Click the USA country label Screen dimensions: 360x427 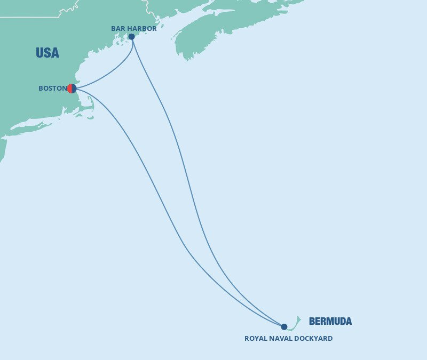coord(48,53)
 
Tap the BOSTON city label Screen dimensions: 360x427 coord(52,89)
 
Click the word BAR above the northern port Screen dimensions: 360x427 coord(118,28)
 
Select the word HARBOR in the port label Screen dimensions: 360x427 coord(142,28)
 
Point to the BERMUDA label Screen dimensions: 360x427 coord(330,321)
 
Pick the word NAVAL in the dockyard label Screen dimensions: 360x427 coord(281,338)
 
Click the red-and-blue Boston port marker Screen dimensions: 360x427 coord(72,89)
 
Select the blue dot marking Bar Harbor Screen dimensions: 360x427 coord(131,37)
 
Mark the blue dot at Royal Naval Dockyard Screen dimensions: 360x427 coord(284,327)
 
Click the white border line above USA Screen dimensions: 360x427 coord(32,17)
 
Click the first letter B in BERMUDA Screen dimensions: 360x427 coord(312,321)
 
